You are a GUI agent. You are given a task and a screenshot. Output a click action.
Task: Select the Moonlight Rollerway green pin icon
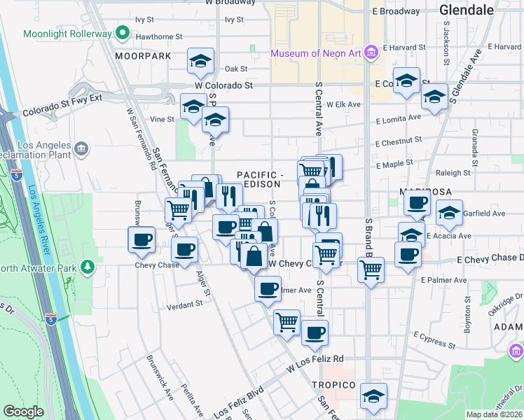tap(123, 33)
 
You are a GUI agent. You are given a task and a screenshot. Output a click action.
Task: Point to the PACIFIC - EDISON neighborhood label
tap(258, 179)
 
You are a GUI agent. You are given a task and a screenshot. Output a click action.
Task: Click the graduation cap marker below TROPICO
tap(373, 395)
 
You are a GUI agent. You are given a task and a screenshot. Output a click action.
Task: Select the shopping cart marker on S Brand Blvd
tap(371, 269)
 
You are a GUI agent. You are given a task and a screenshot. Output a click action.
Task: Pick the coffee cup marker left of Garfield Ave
tap(417, 203)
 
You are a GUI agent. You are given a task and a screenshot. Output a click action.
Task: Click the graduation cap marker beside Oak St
tap(200, 62)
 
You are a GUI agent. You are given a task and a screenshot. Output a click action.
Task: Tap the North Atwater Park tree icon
tap(87, 267)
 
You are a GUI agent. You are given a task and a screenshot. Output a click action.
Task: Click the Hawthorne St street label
tap(159, 36)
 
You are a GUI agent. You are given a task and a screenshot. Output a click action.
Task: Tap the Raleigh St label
tap(453, 173)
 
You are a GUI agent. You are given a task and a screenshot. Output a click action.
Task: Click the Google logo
tap(24, 412)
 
